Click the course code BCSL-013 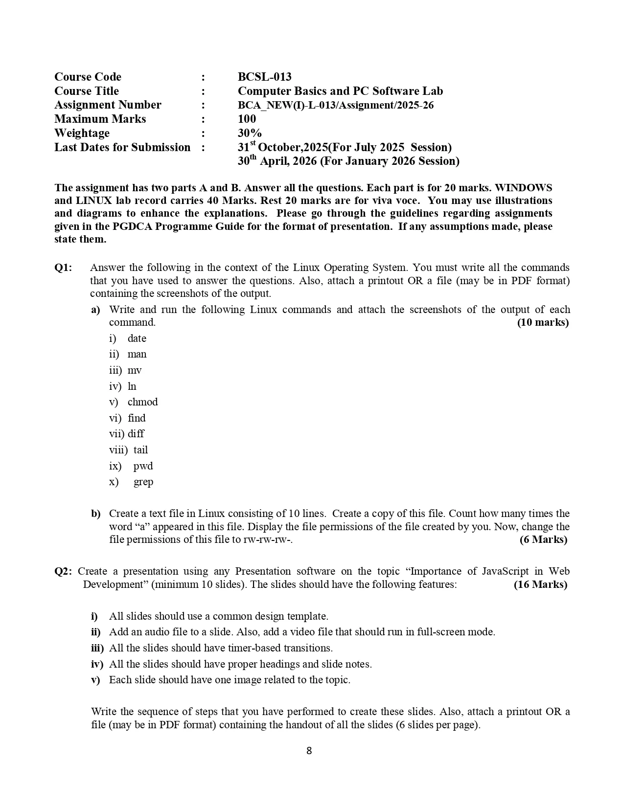tap(264, 77)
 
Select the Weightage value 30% tap(250, 133)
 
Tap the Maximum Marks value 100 tap(247, 119)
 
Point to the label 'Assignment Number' tap(108, 105)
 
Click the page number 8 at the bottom tap(309, 751)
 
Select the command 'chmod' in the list tap(142, 402)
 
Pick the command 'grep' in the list tap(143, 482)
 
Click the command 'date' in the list tap(137, 338)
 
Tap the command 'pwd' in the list tap(143, 466)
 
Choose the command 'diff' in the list tap(136, 434)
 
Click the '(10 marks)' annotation tap(543, 322)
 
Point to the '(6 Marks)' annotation tap(543, 539)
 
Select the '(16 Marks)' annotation tap(540, 584)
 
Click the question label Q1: tap(63, 268)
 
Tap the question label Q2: tap(63, 571)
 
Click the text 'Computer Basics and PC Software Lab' tap(340, 91)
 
